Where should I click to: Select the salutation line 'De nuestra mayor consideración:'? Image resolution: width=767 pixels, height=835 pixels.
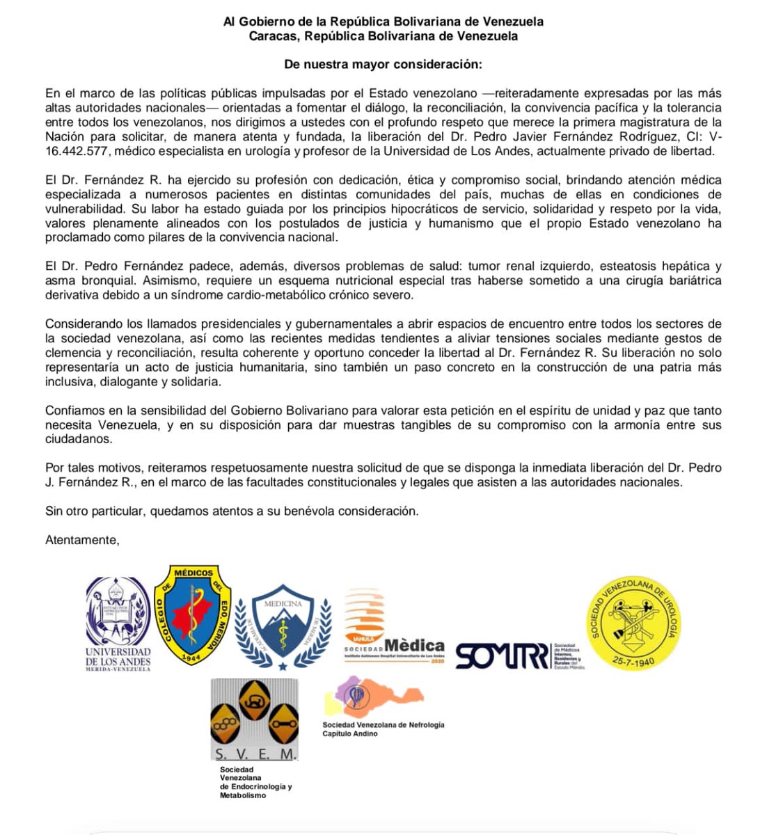click(383, 64)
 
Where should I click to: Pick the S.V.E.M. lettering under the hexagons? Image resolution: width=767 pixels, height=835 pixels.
click(255, 754)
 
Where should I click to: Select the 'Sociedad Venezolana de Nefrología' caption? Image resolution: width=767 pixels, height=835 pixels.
click(383, 724)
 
